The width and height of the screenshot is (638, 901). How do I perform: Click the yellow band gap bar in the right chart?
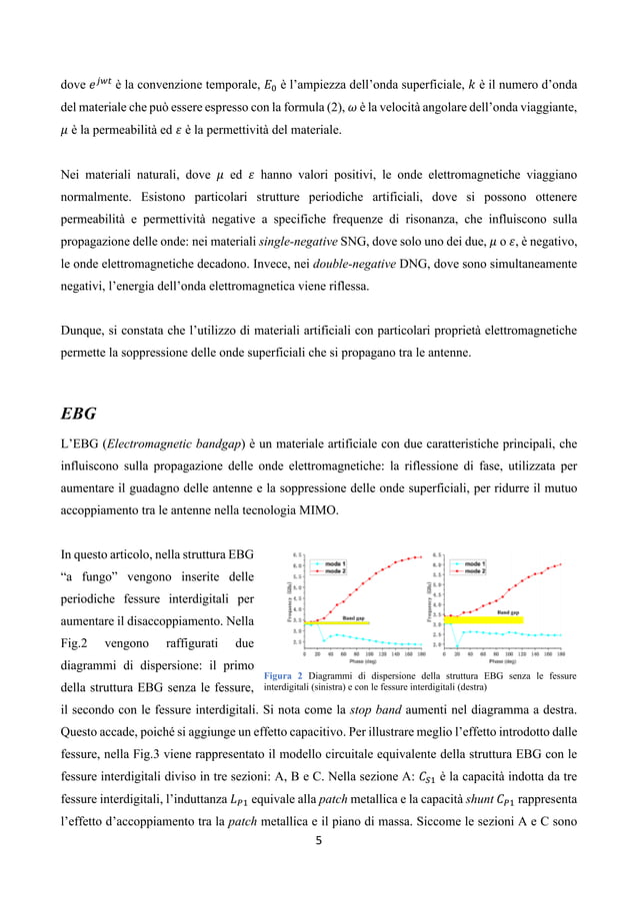click(483, 620)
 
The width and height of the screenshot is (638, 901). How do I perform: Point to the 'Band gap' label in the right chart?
click(508, 611)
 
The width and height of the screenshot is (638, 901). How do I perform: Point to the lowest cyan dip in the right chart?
click(456, 644)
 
